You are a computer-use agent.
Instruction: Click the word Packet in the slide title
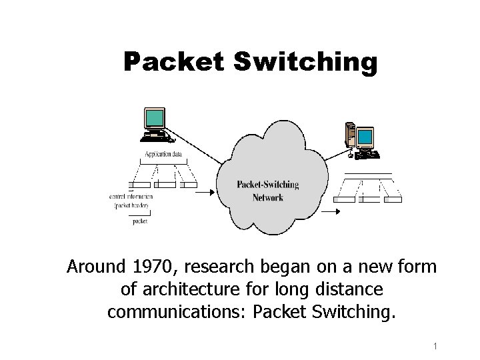point(175,63)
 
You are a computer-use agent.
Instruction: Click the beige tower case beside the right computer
point(349,134)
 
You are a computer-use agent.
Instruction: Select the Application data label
point(163,155)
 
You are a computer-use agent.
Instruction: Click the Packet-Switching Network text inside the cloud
point(268,191)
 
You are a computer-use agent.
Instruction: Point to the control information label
point(131,197)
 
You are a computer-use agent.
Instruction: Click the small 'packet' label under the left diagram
point(140,221)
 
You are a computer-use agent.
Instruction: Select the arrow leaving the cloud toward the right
point(330,212)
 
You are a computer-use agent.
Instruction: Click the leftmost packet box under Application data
point(141,185)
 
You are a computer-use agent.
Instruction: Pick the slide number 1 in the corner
point(434,346)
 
